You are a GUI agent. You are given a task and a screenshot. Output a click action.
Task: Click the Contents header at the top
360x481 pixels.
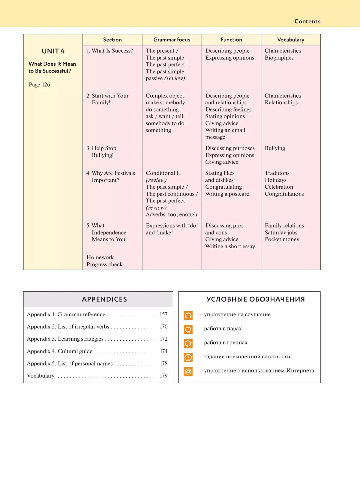click(307, 21)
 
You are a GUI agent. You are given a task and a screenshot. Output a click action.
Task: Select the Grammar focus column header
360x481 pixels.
click(172, 40)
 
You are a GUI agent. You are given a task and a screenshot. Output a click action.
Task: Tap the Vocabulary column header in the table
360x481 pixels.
click(290, 40)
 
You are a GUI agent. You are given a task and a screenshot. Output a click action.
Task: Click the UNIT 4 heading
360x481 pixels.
click(53, 51)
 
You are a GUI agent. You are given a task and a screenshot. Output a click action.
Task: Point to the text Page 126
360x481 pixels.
click(39, 85)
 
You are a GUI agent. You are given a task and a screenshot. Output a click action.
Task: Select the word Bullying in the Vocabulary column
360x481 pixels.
click(275, 148)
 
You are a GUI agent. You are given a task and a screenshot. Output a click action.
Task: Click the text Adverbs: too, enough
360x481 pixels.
click(171, 214)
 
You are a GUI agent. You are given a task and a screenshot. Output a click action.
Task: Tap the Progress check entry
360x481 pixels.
click(104, 264)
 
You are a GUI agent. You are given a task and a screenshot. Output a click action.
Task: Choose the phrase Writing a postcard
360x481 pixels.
click(227, 194)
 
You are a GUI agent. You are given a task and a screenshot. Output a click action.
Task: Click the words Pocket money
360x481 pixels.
click(282, 239)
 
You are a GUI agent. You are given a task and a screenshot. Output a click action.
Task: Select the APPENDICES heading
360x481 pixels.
click(104, 299)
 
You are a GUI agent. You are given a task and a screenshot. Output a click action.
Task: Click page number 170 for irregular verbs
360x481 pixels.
click(163, 327)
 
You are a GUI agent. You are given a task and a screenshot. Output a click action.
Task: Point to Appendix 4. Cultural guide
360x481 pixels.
click(59, 351)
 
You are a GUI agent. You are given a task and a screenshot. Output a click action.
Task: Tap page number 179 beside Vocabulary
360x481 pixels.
click(163, 376)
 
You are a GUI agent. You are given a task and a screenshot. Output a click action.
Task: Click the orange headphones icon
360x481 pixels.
click(188, 315)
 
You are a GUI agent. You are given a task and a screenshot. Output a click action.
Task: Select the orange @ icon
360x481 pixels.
click(188, 372)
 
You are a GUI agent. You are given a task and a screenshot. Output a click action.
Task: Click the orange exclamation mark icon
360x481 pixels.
click(188, 357)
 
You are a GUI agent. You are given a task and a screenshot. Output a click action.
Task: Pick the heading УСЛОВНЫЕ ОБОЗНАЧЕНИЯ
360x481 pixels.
click(255, 299)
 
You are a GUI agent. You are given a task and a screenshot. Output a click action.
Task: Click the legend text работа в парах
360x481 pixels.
click(223, 329)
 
